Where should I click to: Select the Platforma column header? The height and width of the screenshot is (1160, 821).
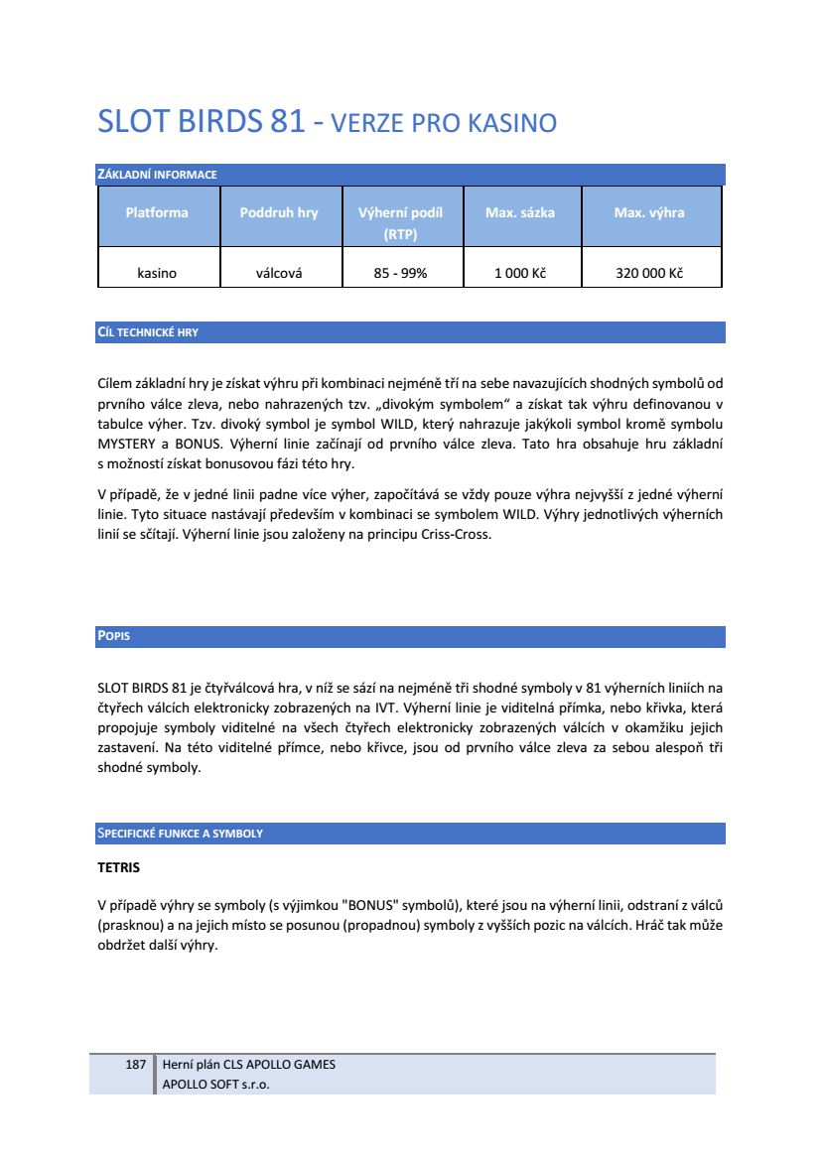[157, 212]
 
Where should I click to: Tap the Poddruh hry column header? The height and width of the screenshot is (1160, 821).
[279, 212]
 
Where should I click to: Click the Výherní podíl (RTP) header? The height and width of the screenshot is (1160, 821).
[400, 223]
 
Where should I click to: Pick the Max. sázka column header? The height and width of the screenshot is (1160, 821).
[520, 212]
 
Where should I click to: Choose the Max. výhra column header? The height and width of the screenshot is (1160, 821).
[649, 212]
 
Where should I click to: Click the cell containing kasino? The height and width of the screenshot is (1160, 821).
[157, 273]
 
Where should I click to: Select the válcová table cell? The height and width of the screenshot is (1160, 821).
[279, 273]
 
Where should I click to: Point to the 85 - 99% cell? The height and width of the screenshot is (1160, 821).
[400, 273]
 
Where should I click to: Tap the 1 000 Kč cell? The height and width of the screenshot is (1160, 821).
[520, 273]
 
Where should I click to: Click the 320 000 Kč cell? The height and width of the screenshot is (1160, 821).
[649, 273]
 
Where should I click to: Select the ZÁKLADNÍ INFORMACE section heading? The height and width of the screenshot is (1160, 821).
[157, 176]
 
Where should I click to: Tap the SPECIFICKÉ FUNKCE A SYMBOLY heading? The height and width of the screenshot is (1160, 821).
[180, 834]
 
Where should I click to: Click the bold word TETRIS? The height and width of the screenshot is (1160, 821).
[119, 868]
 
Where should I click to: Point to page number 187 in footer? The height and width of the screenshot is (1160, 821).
[136, 1065]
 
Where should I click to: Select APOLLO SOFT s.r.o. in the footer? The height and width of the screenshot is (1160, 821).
[216, 1084]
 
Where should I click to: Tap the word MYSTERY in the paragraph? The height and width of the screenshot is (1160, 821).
[129, 445]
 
